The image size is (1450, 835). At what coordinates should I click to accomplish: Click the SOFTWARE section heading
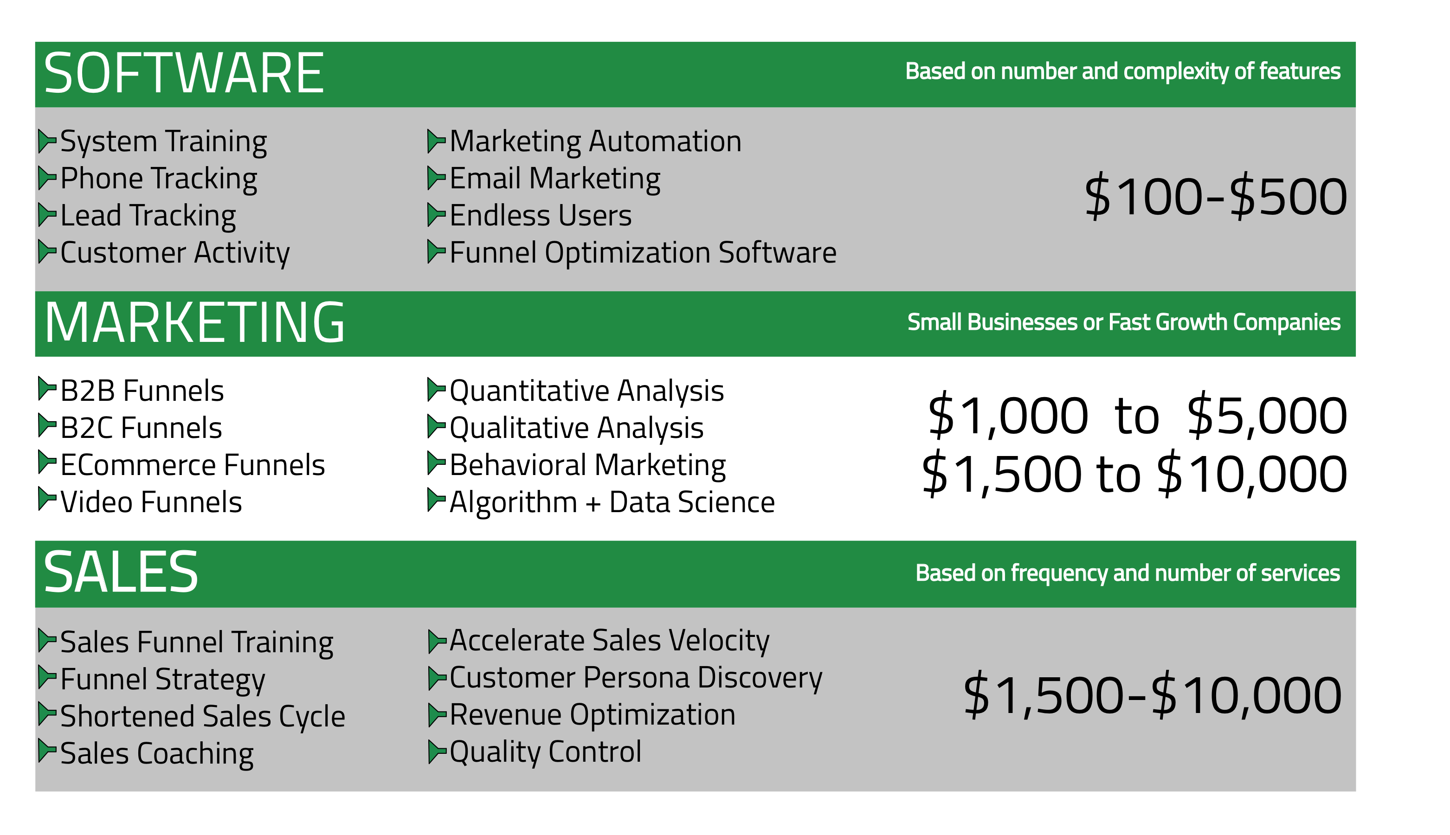coord(184,73)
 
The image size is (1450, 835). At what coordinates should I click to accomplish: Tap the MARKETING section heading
coord(194,323)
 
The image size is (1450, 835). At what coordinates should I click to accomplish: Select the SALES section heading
coord(121,572)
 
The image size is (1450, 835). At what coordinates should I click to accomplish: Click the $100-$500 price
coord(1215,197)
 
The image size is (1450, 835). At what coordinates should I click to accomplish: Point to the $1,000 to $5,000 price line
coord(1137,415)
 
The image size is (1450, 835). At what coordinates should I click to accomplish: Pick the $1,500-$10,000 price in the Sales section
coord(1152,695)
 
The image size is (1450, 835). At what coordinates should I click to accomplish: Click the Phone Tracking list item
coord(158,179)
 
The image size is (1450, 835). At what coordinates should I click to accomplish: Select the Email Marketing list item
coord(554,179)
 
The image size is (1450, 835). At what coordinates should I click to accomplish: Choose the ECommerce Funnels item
coord(192,465)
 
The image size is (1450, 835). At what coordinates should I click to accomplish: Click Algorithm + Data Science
coord(612,502)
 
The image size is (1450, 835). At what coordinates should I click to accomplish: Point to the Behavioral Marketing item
coord(587,465)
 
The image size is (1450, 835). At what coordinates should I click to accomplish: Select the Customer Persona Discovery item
coord(636,678)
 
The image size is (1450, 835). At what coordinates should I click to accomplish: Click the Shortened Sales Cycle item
coord(202,717)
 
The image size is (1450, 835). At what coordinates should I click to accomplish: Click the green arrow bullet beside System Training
coord(47,141)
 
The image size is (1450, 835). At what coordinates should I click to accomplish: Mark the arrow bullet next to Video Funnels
coord(47,499)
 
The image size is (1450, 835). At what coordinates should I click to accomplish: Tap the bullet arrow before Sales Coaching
coord(47,751)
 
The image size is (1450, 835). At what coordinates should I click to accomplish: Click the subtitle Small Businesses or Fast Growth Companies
coord(1124,323)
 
